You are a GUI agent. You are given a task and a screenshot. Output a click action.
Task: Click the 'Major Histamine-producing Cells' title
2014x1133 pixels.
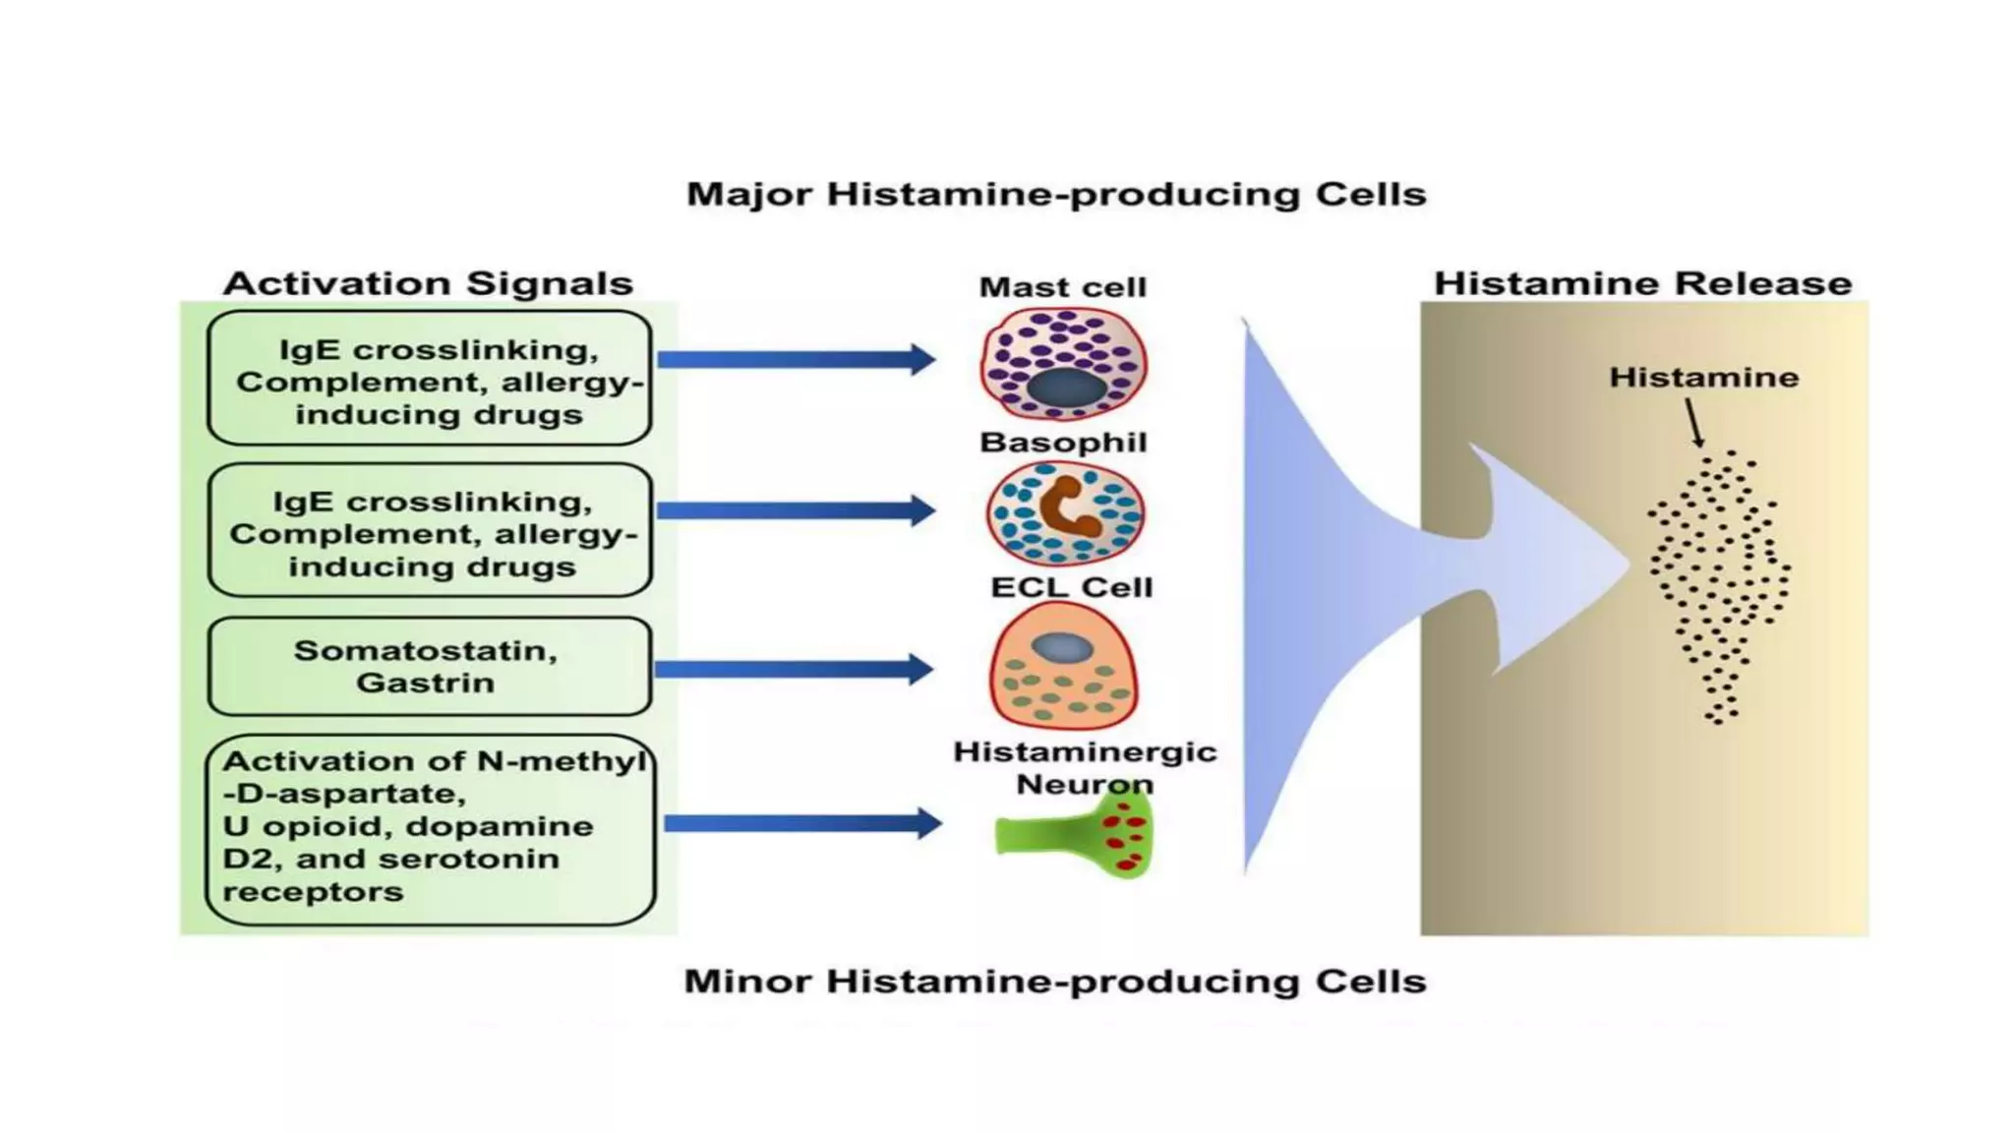pyautogui.click(x=1055, y=194)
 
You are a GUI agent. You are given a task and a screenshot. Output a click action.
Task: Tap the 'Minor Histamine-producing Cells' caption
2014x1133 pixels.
pyautogui.click(x=1054, y=981)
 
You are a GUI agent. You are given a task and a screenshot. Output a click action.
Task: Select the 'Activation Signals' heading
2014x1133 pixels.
pyautogui.click(x=428, y=283)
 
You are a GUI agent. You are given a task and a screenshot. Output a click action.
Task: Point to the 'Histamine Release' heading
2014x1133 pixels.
pyautogui.click(x=1642, y=283)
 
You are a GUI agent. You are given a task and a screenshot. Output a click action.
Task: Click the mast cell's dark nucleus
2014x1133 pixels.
pyautogui.click(x=1065, y=388)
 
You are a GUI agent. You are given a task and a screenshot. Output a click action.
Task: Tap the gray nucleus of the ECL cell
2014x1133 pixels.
pyautogui.click(x=1062, y=647)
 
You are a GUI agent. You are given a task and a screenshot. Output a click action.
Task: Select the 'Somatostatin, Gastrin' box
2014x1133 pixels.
pyautogui.click(x=429, y=666)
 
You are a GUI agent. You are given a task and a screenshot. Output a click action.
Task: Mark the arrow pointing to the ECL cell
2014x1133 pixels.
pyautogui.click(x=793, y=670)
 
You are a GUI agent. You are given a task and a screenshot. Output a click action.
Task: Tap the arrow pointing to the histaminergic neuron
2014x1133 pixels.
pyautogui.click(x=801, y=822)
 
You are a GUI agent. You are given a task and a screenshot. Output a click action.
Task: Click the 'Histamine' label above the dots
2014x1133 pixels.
pyautogui.click(x=1703, y=378)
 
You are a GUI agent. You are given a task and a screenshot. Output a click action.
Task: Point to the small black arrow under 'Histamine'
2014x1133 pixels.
pyautogui.click(x=1694, y=423)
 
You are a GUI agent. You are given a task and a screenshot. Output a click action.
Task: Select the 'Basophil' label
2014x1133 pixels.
pyautogui.click(x=1063, y=443)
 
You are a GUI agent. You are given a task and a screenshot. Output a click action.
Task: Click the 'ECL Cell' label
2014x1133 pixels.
pyautogui.click(x=1071, y=587)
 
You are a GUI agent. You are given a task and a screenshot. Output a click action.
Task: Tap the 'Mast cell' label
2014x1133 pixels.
pyautogui.click(x=1062, y=287)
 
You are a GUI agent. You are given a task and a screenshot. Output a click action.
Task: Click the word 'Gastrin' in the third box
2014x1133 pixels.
pyautogui.click(x=425, y=683)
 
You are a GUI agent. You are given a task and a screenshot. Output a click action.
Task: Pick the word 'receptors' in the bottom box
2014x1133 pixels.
pyautogui.click(x=313, y=892)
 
